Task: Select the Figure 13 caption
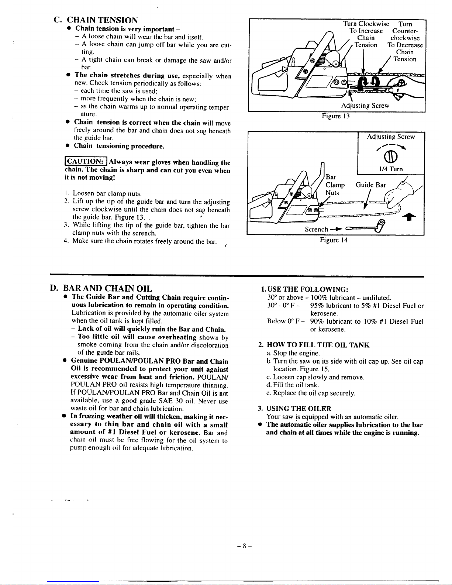(335, 116)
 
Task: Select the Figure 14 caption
(334, 240)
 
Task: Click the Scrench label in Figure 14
(316, 229)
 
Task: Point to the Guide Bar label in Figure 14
(371, 185)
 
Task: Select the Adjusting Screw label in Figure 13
(365, 106)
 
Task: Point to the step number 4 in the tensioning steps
(65, 241)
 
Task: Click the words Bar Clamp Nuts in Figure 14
(335, 185)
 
